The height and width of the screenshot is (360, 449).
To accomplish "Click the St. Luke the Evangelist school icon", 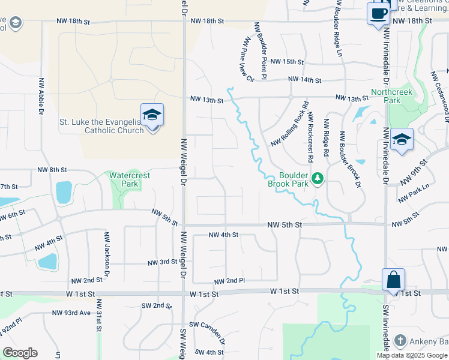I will [152, 115].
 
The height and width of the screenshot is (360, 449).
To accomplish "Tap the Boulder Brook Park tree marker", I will [318, 178].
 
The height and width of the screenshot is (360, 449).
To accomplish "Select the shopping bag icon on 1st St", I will [393, 280].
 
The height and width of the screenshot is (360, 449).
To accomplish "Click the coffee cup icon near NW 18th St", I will [378, 13].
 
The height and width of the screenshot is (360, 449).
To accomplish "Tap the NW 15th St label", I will [287, 62].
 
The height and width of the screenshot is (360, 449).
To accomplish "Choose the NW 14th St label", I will [304, 80].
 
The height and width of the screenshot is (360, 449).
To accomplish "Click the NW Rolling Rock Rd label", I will [289, 124].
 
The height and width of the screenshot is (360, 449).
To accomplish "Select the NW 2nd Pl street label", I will [229, 281].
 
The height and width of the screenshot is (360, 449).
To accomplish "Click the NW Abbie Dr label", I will [41, 95].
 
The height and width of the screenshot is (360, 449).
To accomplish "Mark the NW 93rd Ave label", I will [71, 313].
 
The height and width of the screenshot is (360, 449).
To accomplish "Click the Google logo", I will [20, 353].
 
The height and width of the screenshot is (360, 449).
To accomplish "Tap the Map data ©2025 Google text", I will [411, 355].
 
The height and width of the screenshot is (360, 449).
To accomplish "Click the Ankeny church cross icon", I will [400, 341].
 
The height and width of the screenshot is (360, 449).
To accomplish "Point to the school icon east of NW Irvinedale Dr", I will [401, 140].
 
